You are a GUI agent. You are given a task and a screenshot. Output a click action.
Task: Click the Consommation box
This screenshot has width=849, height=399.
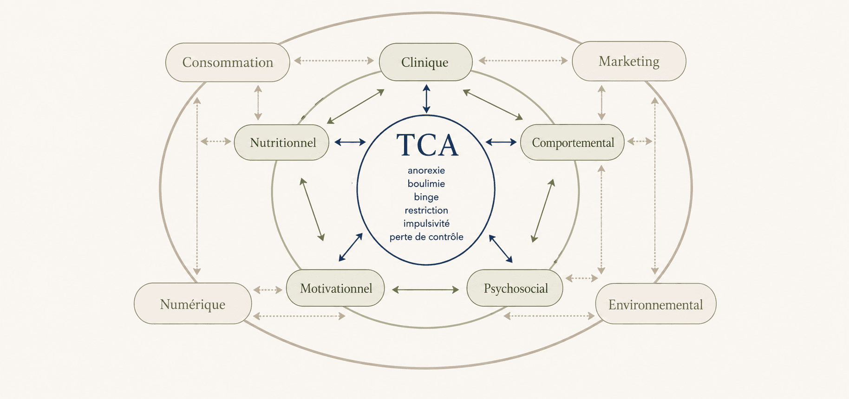coord(228,62)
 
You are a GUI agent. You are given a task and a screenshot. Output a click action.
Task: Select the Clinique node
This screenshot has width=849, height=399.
coord(425,62)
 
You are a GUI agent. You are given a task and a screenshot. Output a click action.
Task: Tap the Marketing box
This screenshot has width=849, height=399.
coord(629,61)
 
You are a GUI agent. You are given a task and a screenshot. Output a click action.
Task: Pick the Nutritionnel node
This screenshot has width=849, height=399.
coord(281,142)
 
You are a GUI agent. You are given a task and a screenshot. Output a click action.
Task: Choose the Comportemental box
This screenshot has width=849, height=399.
coord(572,142)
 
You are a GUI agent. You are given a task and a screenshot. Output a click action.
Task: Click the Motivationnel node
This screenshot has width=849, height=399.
coord(335,288)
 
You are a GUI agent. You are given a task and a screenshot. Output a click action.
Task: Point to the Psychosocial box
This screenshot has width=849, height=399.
coord(515,288)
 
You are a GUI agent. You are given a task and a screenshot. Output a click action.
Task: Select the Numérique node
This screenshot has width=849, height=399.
coord(193,303)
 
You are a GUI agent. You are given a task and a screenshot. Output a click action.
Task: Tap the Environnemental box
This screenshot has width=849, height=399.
coord(656,304)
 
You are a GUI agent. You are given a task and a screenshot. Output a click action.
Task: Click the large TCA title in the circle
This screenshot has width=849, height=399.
coord(427,145)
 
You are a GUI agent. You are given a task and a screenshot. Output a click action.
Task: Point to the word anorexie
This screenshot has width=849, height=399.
coord(426,170)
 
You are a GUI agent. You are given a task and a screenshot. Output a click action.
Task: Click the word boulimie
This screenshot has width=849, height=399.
coord(426,184)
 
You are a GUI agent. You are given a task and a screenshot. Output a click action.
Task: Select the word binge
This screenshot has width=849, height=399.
coord(426,197)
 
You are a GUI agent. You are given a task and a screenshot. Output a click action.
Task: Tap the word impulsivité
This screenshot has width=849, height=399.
coord(426,224)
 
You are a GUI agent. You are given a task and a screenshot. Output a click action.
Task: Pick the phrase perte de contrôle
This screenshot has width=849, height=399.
coord(426,237)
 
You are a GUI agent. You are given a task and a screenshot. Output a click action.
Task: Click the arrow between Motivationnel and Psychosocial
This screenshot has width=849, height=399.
coord(425,290)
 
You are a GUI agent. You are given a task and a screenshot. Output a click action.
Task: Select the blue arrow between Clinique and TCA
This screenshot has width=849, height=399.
coord(426,98)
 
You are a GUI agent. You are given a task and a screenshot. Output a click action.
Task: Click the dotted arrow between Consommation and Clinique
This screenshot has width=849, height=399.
coord(334,60)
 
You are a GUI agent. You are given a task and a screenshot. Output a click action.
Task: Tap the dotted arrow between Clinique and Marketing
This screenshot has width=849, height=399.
coord(523,60)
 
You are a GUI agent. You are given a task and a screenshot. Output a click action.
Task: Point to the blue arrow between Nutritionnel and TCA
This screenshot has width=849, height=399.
coord(350,142)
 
